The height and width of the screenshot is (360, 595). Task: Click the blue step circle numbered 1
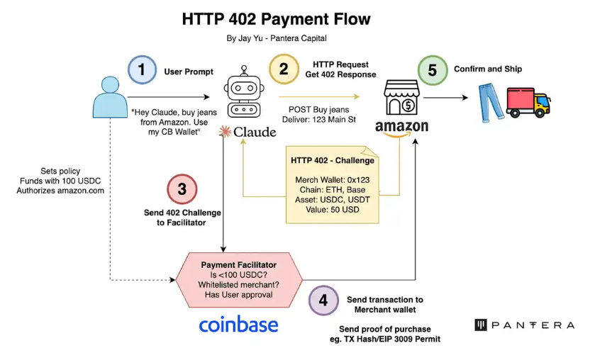tap(143, 70)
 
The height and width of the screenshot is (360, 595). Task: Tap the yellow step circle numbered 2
tap(284, 69)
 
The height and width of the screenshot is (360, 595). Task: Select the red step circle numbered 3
tap(182, 189)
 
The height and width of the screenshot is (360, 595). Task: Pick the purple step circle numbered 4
tap(323, 300)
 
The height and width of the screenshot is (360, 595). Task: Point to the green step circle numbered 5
tap(432, 70)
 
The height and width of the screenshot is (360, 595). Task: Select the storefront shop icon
tap(401, 98)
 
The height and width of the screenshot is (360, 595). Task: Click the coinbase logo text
tap(238, 325)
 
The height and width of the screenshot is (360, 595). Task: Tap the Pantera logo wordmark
tap(524, 325)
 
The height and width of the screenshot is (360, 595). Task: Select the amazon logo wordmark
tap(401, 128)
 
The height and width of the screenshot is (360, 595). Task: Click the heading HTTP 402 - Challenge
tap(333, 161)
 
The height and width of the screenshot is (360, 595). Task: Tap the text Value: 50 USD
tap(333, 210)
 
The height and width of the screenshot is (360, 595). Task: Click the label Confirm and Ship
tap(489, 69)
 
